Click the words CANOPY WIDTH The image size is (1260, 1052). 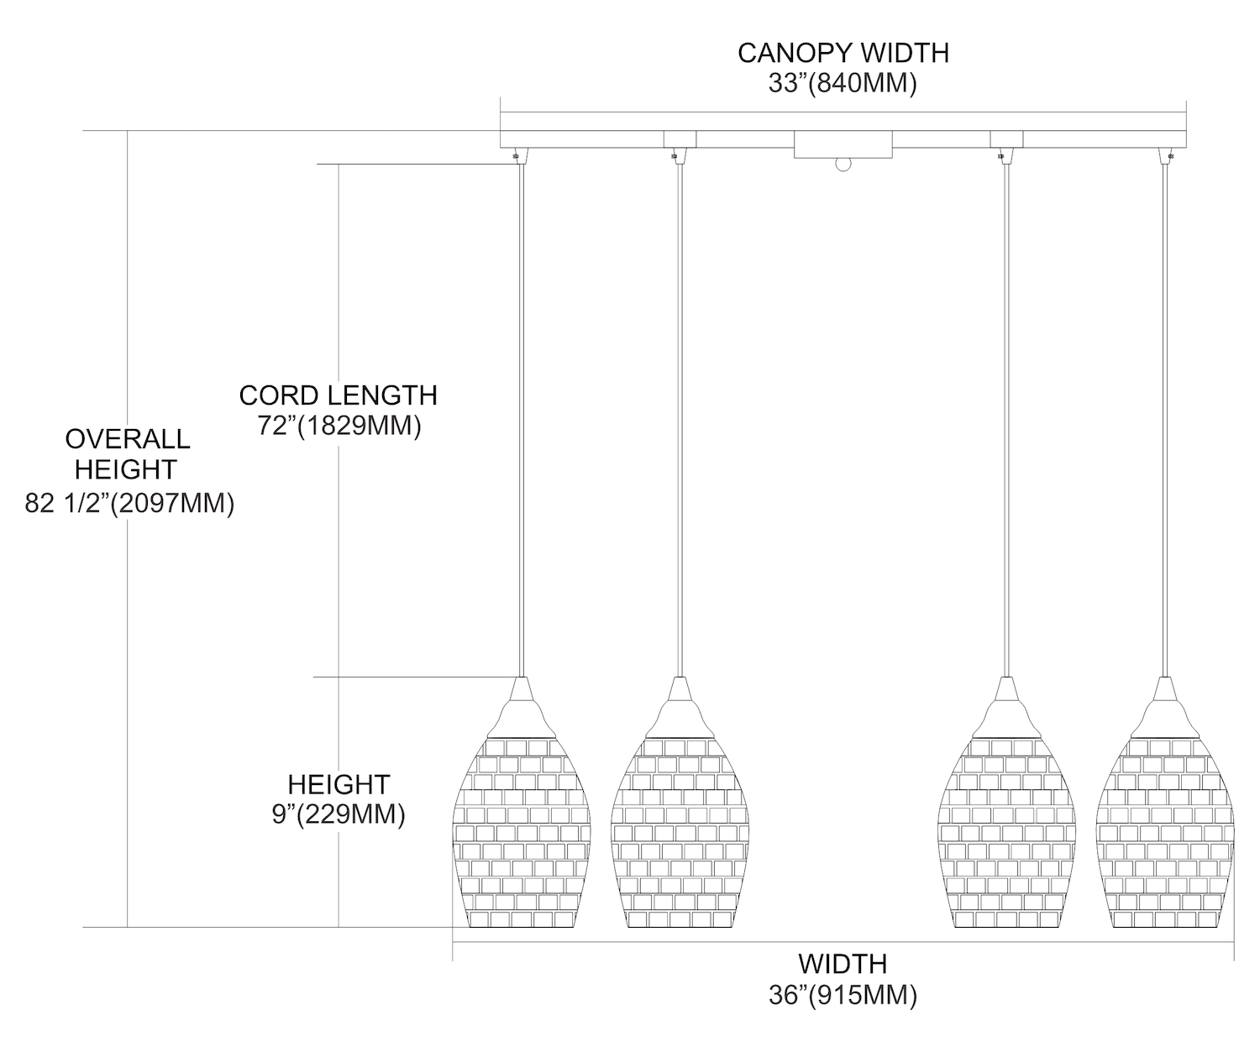pyautogui.click(x=843, y=53)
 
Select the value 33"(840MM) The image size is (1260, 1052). pyautogui.click(x=843, y=84)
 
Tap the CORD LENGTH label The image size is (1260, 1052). pyautogui.click(x=338, y=395)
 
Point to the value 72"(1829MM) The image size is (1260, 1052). pyautogui.click(x=338, y=426)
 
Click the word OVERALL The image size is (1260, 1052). pyautogui.click(x=128, y=438)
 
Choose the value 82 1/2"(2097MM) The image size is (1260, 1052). pyautogui.click(x=129, y=504)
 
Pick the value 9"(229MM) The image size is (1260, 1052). pyautogui.click(x=339, y=814)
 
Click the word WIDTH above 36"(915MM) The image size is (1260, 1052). pyautogui.click(x=843, y=963)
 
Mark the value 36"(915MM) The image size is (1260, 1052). pyautogui.click(x=843, y=995)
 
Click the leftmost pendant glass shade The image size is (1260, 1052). pyautogui.click(x=522, y=831)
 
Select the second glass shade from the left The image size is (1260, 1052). pyautogui.click(x=679, y=831)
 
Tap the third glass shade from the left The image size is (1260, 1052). pyautogui.click(x=1005, y=831)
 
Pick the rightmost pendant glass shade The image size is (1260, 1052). pyautogui.click(x=1166, y=831)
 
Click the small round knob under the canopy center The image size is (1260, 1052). pyautogui.click(x=843, y=165)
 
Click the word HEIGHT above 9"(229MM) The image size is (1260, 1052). pyautogui.click(x=339, y=784)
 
